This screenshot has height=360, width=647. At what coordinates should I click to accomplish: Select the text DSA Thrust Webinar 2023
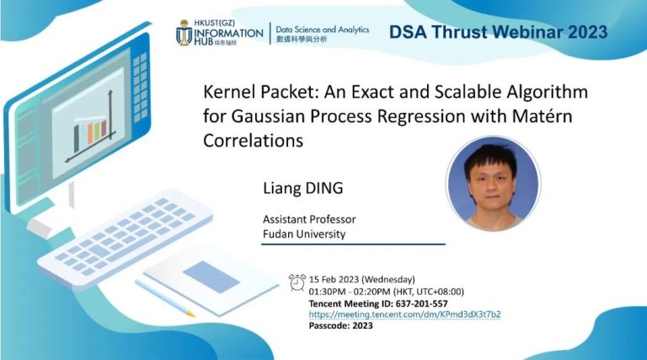pyautogui.click(x=498, y=32)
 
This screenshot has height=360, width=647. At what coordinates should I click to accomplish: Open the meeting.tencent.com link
pyautogui.click(x=405, y=314)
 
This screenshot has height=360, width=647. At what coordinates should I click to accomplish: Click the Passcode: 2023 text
pyautogui.click(x=341, y=325)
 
